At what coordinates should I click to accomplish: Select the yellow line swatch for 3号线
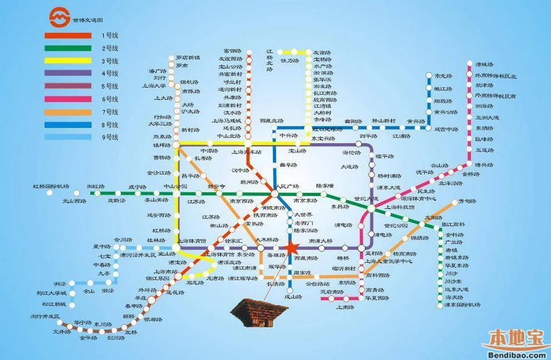[68, 61]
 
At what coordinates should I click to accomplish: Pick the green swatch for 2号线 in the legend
[68, 48]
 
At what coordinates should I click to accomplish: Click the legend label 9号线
[110, 137]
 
